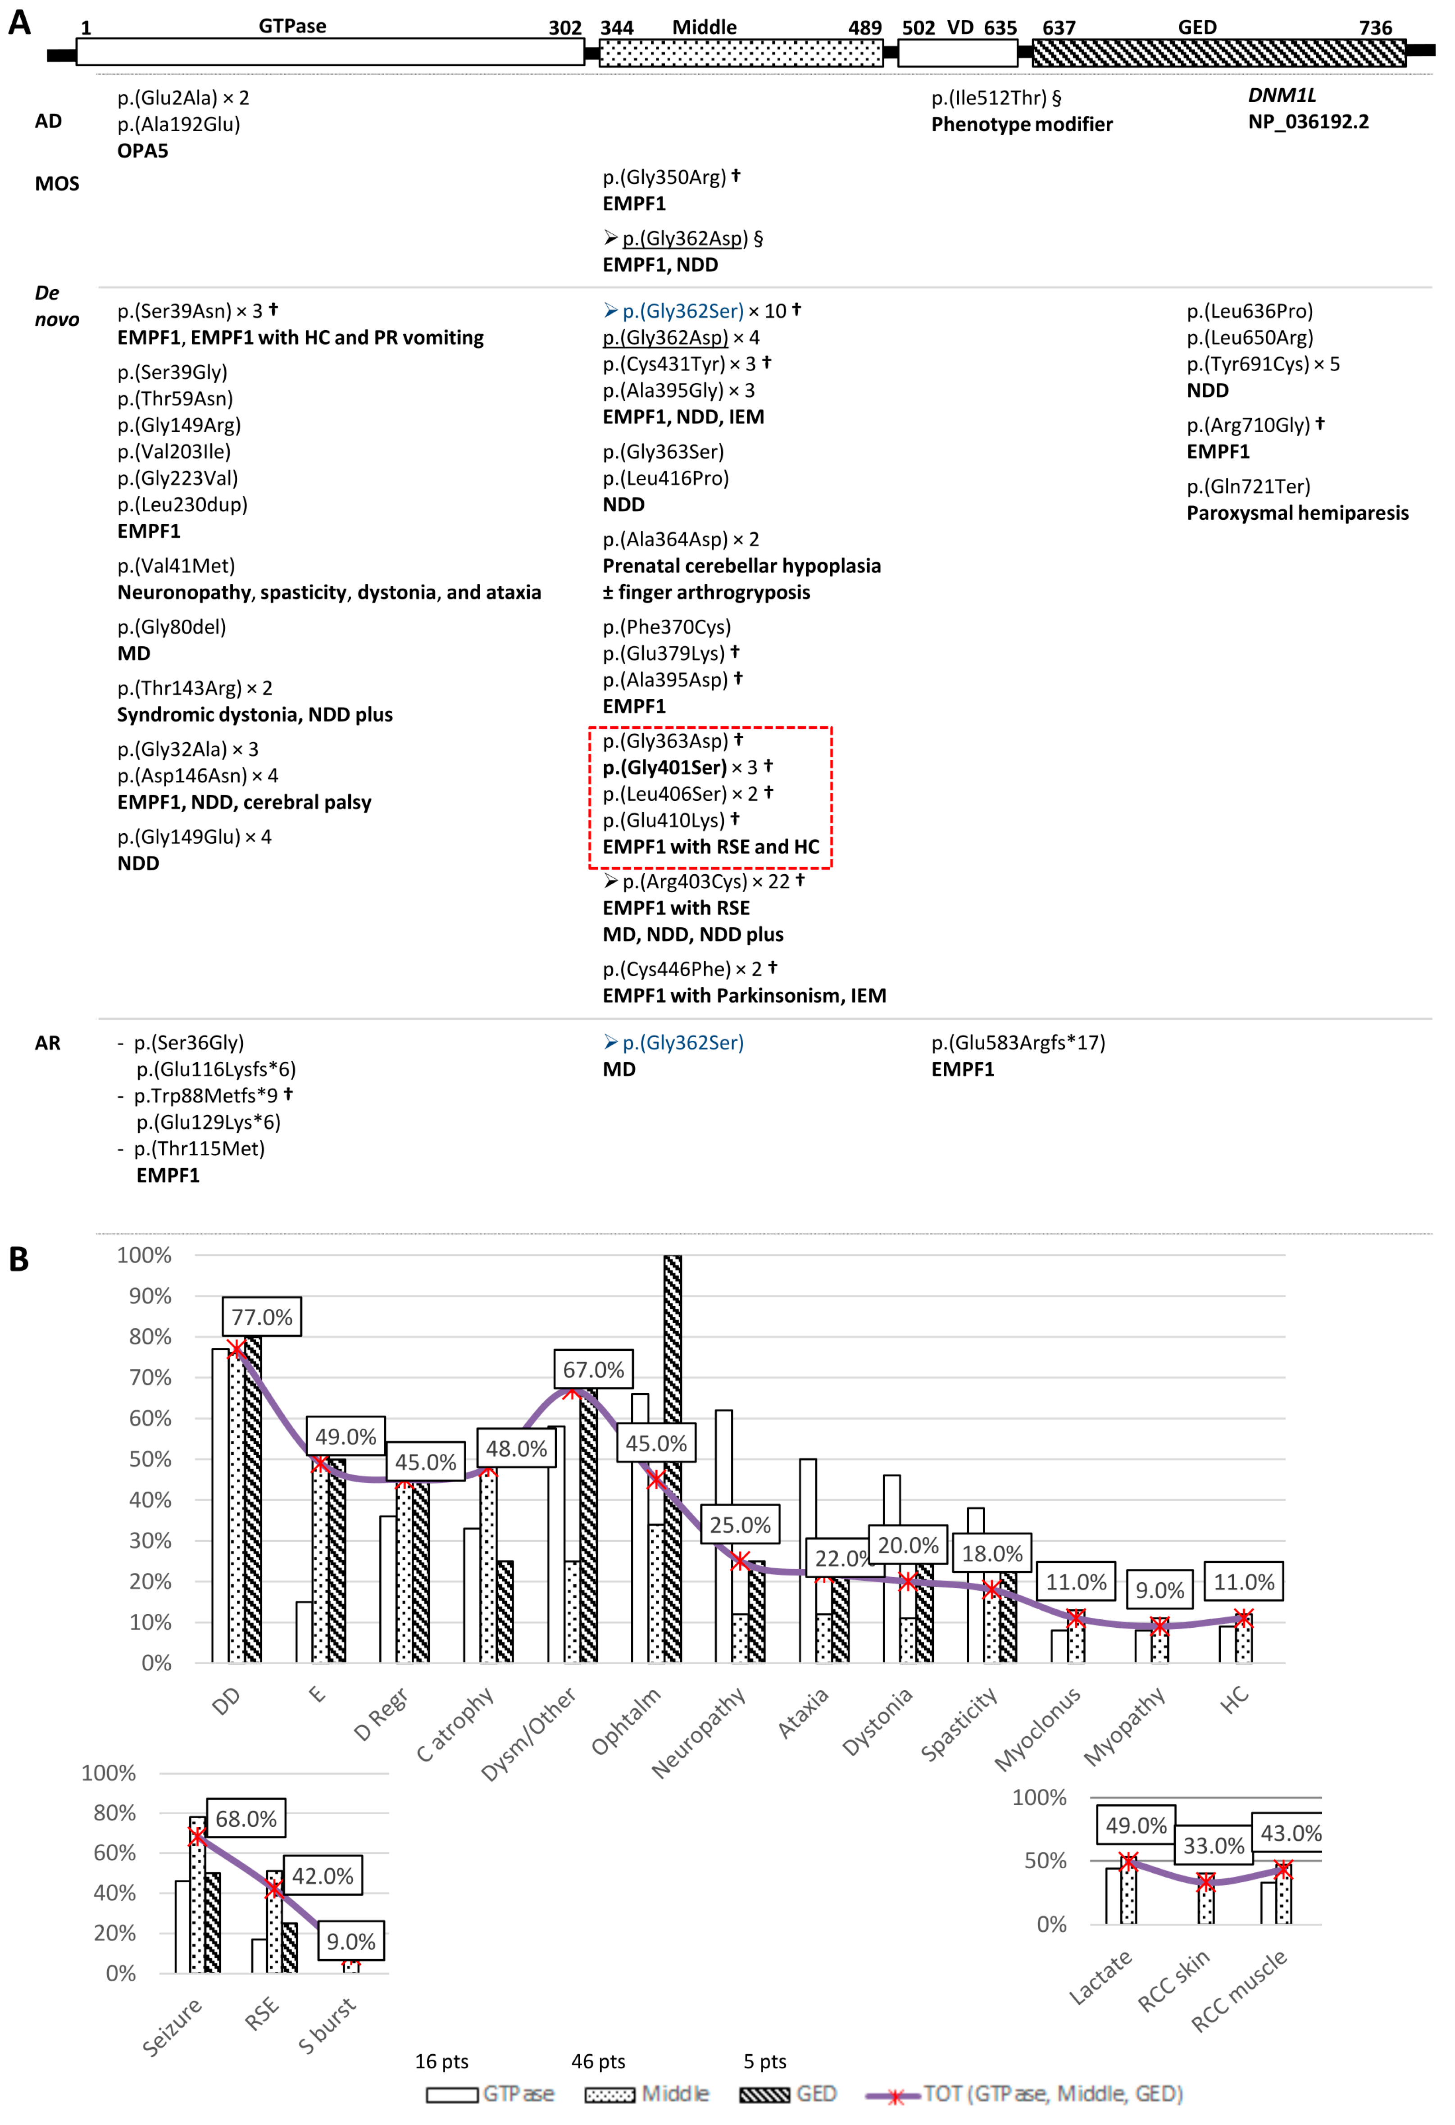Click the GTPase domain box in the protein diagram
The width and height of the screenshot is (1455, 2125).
(329, 52)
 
